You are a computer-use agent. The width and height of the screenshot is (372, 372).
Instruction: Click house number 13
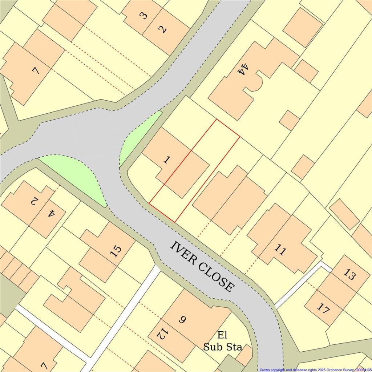pos(349,275)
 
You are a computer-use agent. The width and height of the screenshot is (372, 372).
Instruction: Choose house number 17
pos(323,308)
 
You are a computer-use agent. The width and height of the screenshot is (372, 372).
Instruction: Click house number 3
pos(143,16)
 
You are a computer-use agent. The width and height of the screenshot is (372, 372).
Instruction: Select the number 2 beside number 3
pos(162,29)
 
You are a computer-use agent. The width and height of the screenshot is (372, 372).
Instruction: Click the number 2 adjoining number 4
pos(33,201)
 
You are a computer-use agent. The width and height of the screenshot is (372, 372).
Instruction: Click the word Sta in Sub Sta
pos(233,347)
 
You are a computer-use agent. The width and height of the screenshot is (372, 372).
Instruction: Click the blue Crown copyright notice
pos(315,369)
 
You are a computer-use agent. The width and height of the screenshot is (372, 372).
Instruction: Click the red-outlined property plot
pos(194,171)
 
